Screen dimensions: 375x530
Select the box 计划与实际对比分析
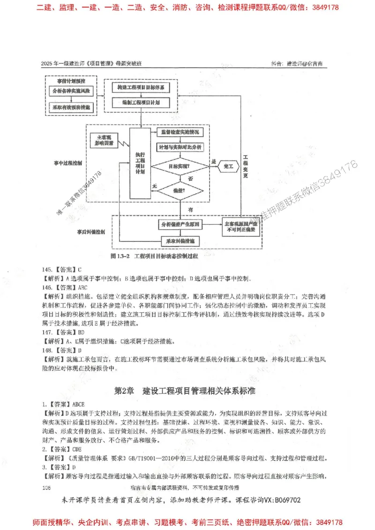180,147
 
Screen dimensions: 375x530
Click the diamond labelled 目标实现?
180,165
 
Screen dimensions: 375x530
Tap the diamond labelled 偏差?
180,191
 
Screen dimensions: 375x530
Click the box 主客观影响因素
104,140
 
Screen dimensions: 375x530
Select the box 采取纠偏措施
180,241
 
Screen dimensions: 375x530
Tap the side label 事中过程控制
67,163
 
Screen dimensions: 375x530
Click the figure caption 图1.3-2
120,256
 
